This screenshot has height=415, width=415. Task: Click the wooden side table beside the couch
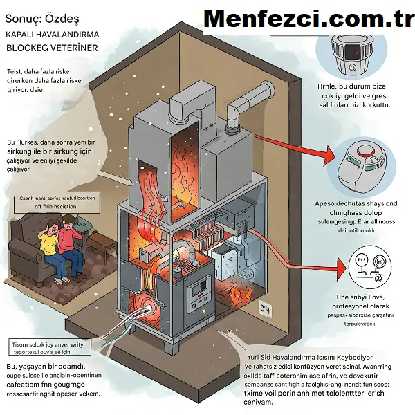click(x=102, y=245)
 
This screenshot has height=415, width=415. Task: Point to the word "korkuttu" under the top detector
click(x=373, y=105)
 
